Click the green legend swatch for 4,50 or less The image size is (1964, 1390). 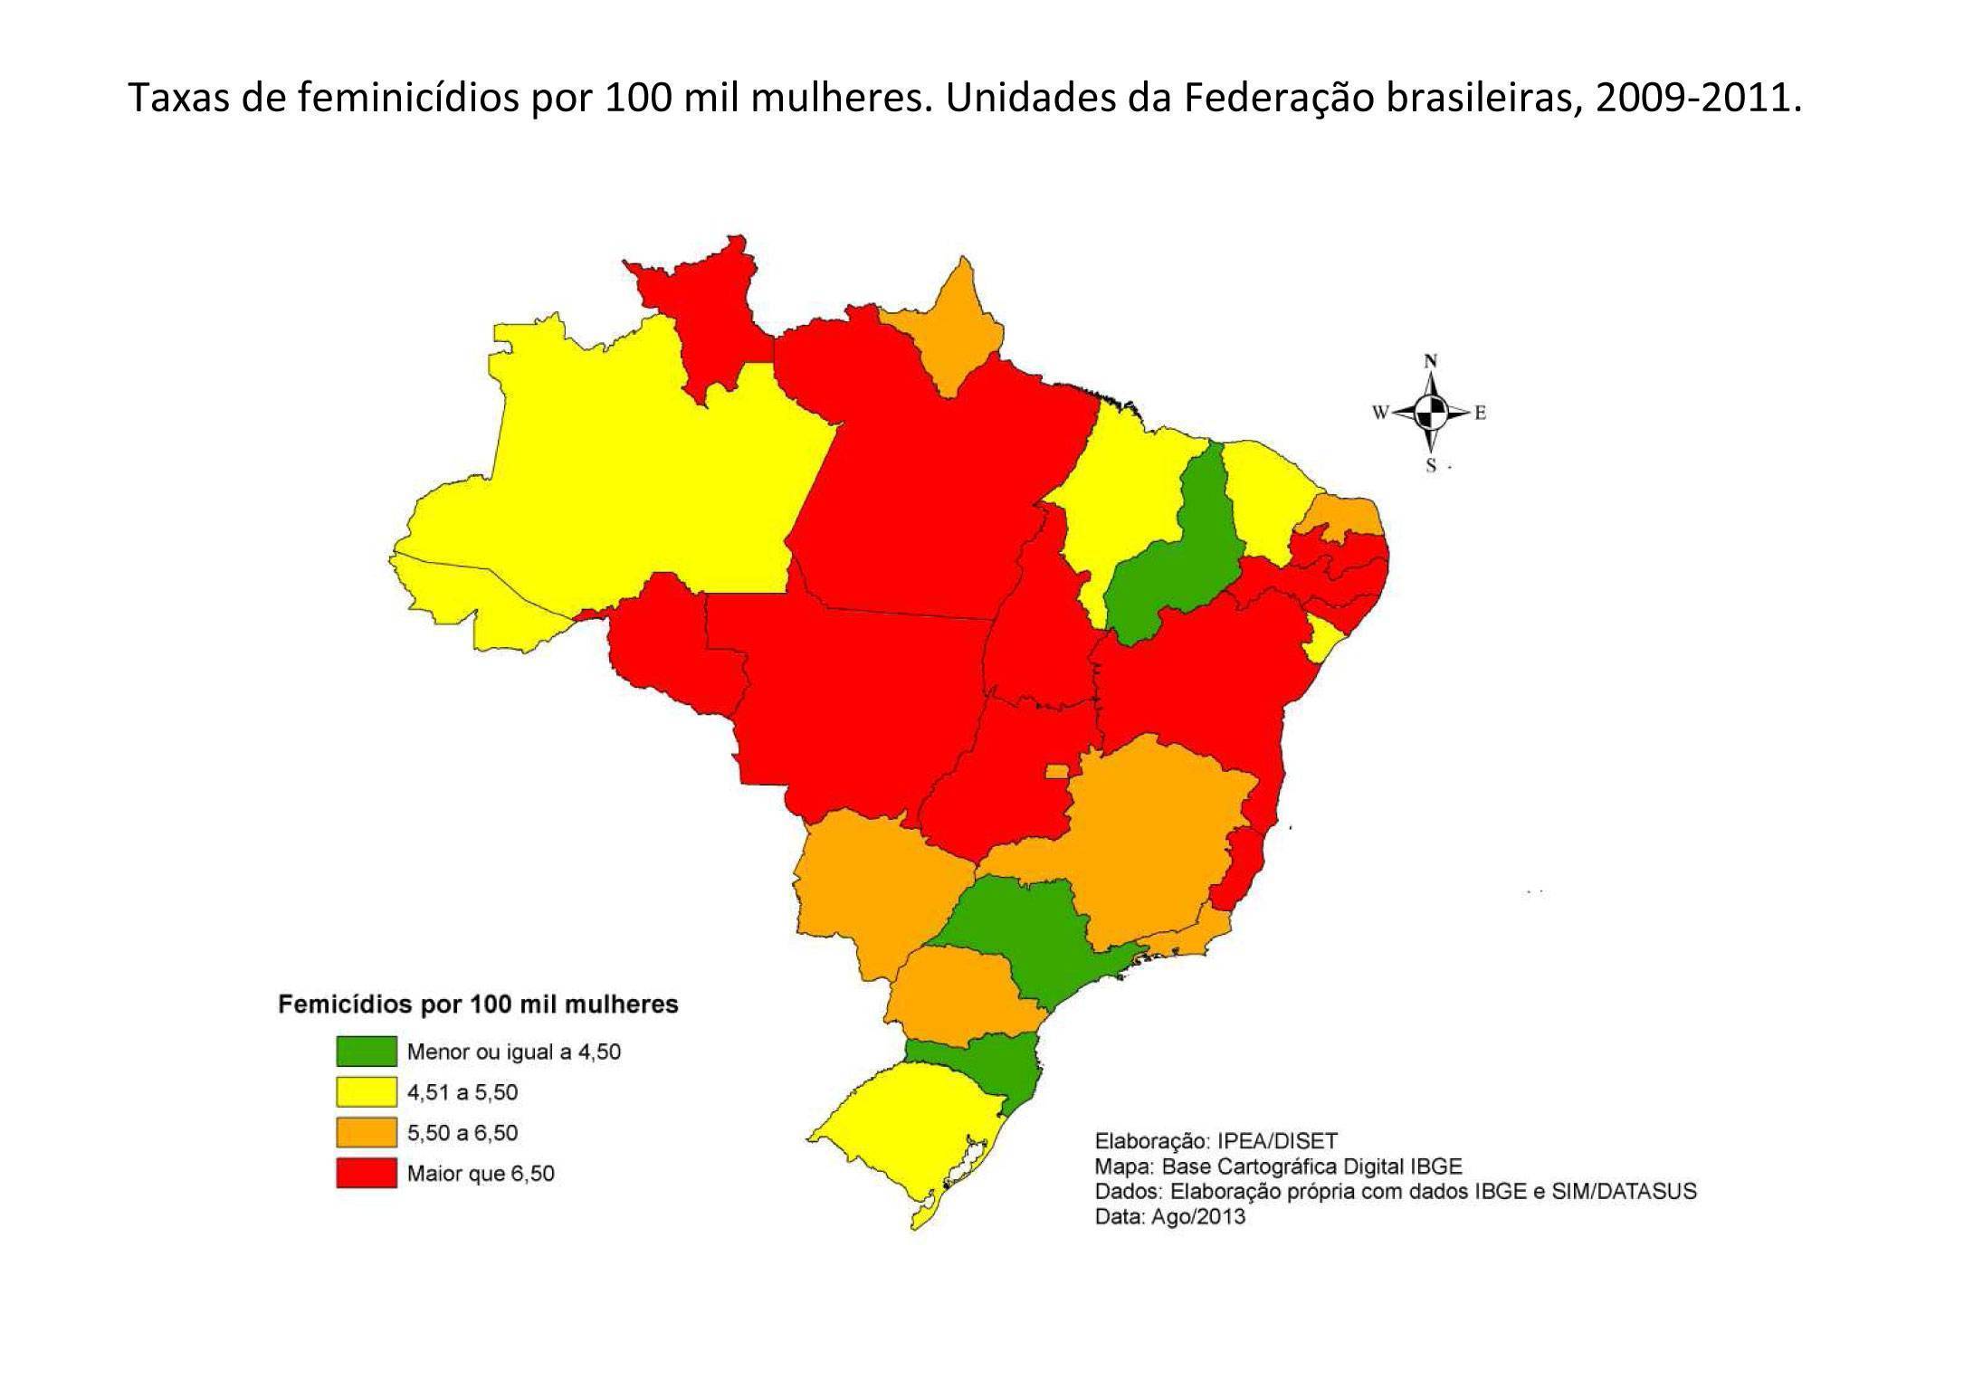[x=366, y=1052]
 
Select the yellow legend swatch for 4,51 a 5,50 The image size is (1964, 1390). [x=366, y=1092]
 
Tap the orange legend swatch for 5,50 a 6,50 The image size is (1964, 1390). [x=366, y=1133]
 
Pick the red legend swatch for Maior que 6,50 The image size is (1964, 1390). [x=366, y=1174]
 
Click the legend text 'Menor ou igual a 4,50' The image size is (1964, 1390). [x=513, y=1052]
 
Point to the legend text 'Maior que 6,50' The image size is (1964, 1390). [x=480, y=1174]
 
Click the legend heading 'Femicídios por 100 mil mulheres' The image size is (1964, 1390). [x=478, y=1004]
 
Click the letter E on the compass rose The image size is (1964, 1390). [x=1481, y=414]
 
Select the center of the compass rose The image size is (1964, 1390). [x=1431, y=414]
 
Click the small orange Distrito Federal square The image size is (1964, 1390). [x=1056, y=771]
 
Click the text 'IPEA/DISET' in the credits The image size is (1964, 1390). [x=1277, y=1140]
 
